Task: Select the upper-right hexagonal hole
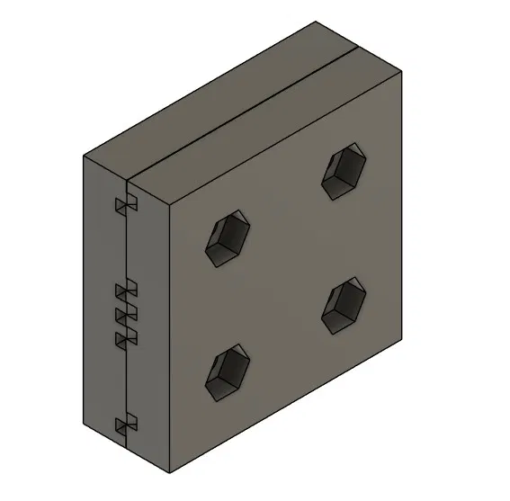[x=344, y=172]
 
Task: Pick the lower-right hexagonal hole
[x=344, y=307]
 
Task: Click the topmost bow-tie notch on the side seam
[x=125, y=207]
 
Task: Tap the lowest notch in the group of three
[x=125, y=337]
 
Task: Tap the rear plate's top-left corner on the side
[x=85, y=157]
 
